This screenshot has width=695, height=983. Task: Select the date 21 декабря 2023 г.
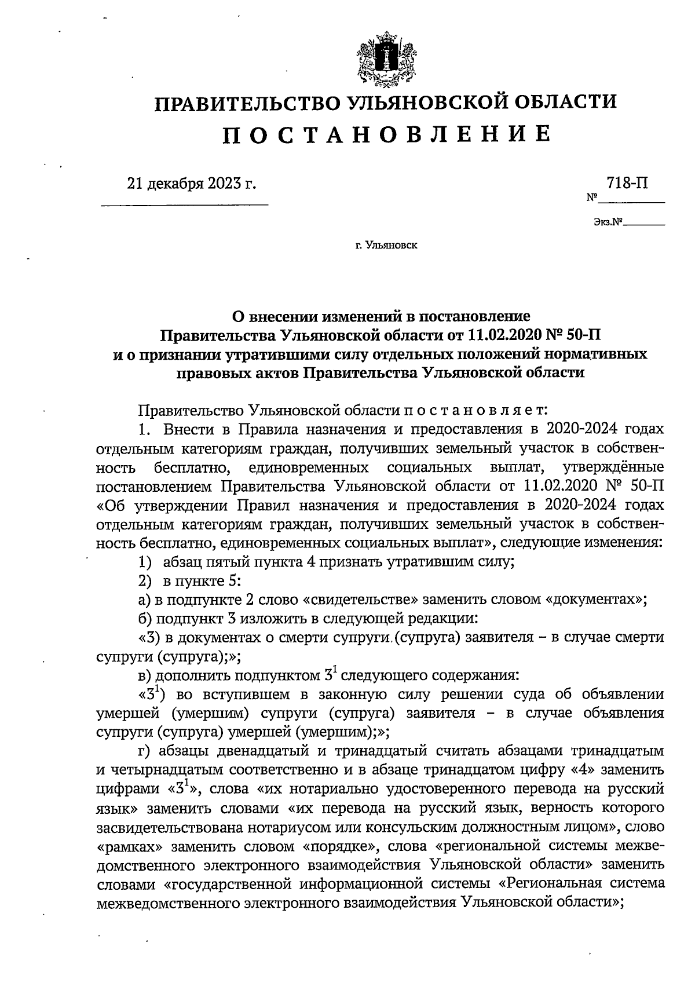pos(191,184)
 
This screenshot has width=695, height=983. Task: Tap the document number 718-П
pos(627,183)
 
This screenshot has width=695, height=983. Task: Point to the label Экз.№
pos(607,222)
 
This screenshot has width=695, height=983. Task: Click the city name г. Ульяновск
pos(386,246)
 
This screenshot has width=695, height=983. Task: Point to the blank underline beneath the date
pos(185,204)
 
